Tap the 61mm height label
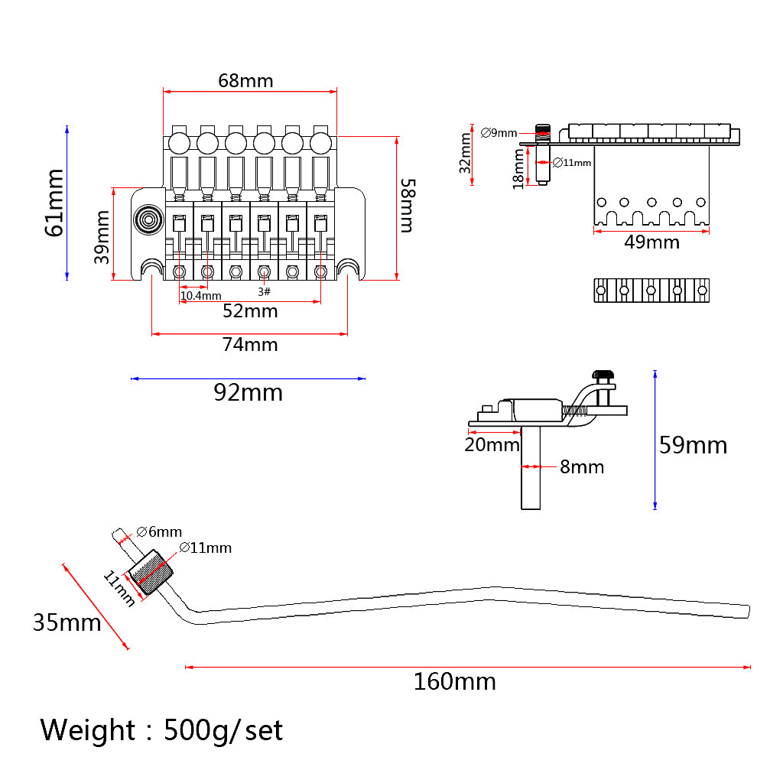click(54, 202)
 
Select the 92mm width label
click(248, 392)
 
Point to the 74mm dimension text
click(250, 345)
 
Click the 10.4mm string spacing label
click(200, 295)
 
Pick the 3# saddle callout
click(264, 292)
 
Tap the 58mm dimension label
click(408, 205)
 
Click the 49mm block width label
click(651, 242)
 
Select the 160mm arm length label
click(454, 681)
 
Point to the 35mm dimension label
click(67, 622)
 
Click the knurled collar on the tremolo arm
click(152, 573)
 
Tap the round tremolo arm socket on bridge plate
click(148, 221)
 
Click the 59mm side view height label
click(693, 445)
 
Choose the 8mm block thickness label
click(581, 466)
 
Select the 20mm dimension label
click(492, 444)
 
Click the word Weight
click(88, 730)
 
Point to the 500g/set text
click(223, 730)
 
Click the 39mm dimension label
click(102, 237)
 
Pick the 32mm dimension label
click(466, 153)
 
